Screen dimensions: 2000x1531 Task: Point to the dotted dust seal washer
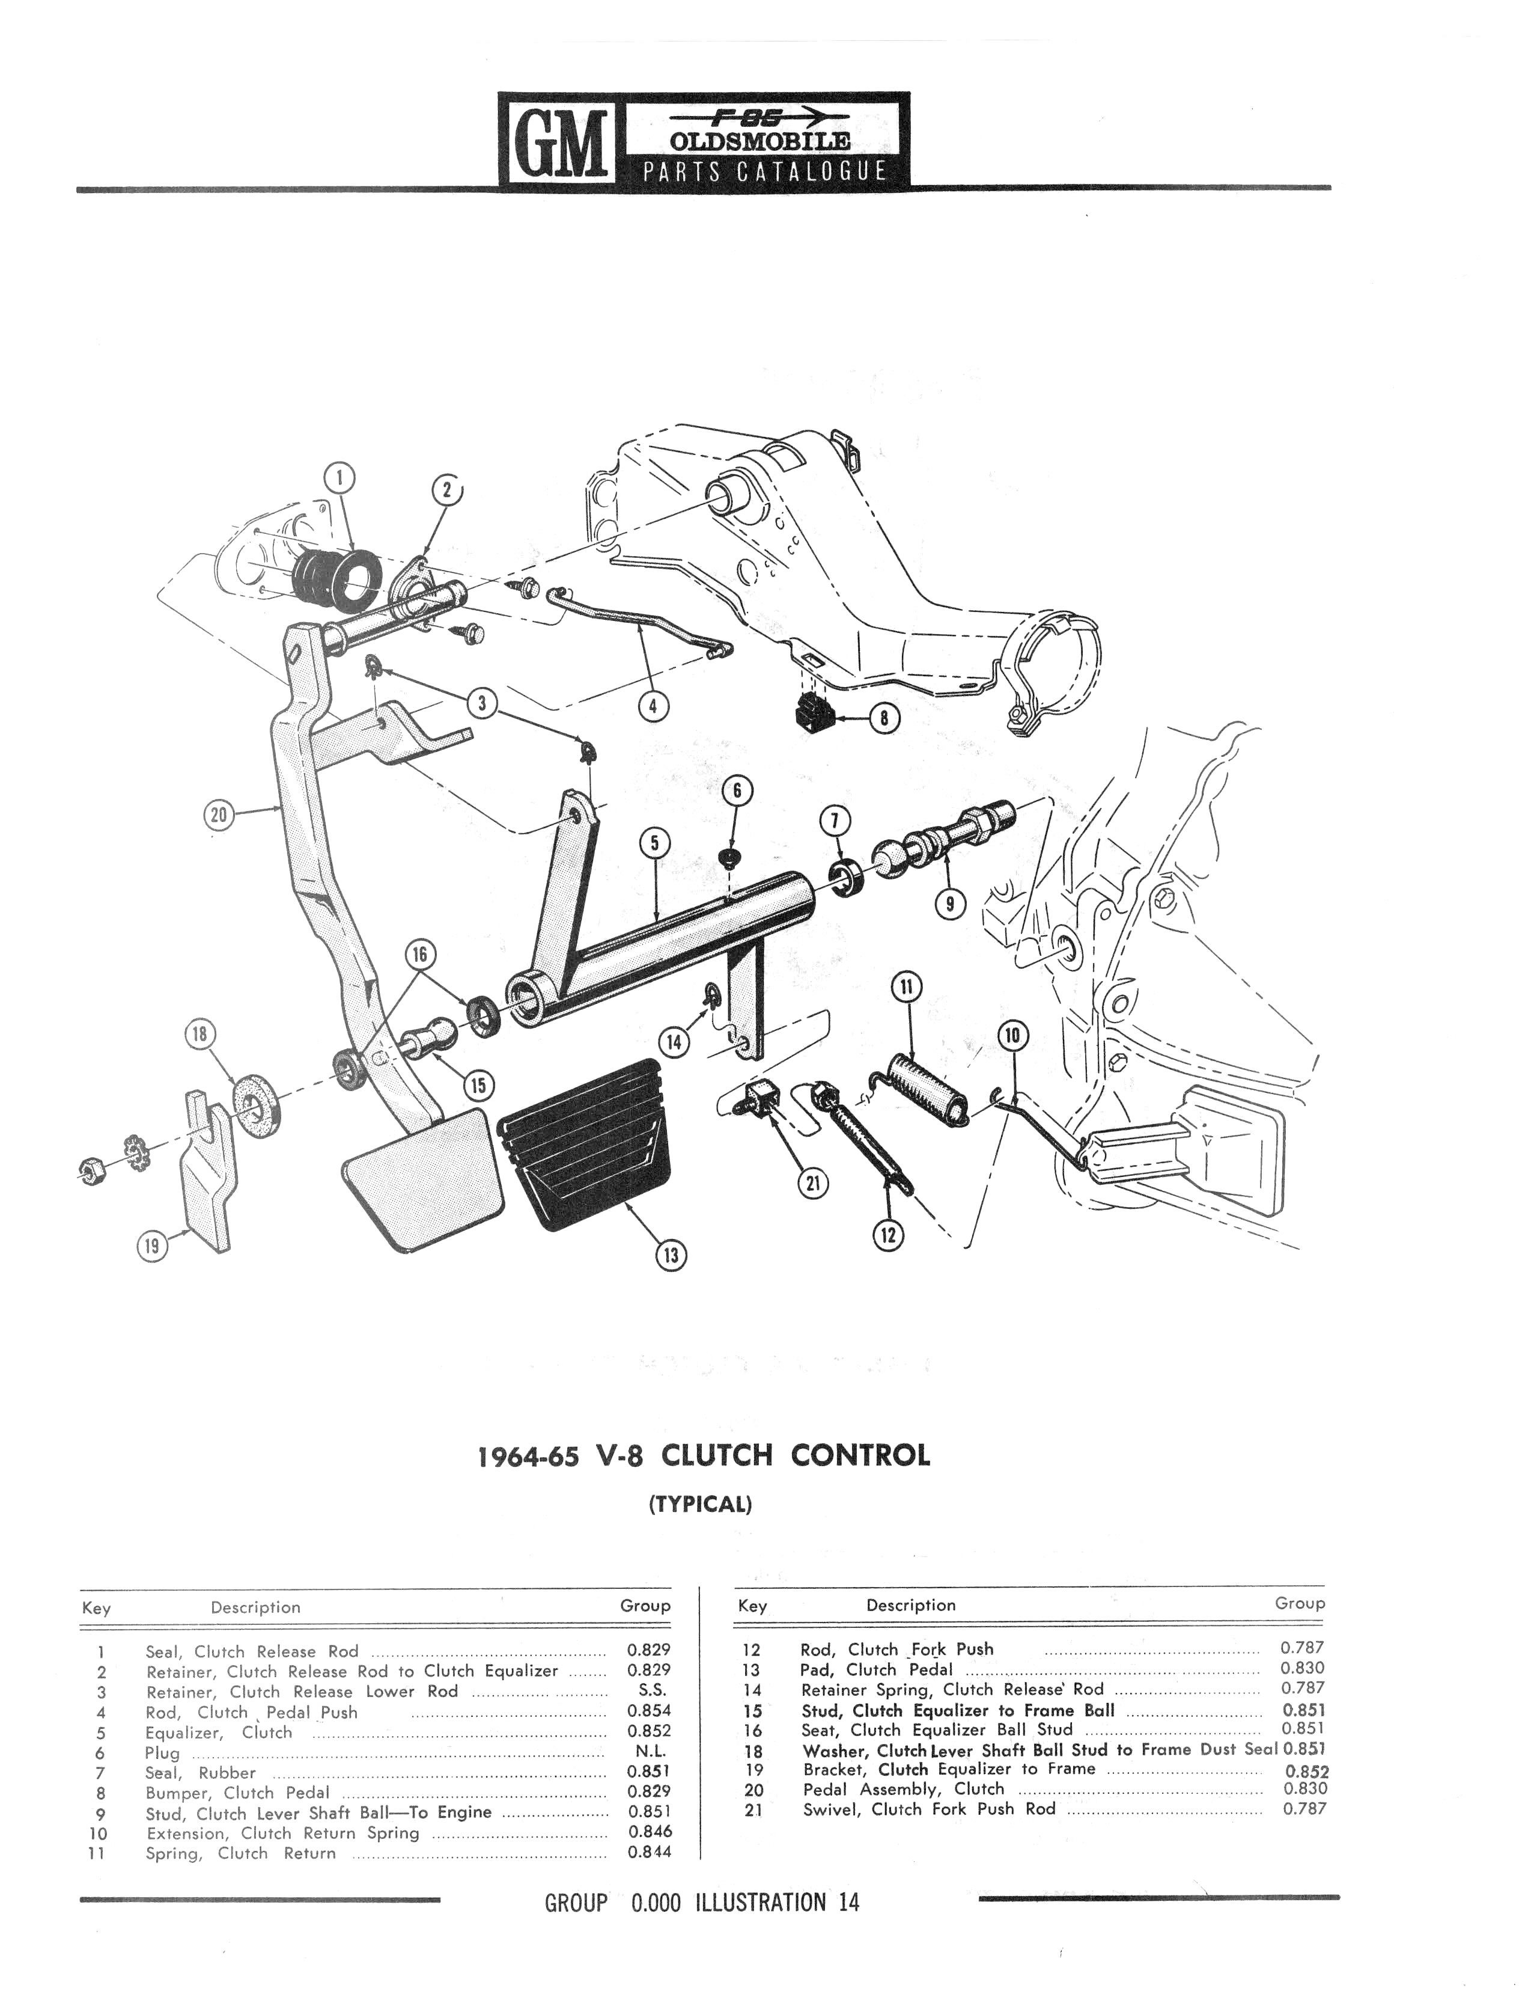tap(254, 1107)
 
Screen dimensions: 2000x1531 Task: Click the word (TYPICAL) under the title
tap(700, 1504)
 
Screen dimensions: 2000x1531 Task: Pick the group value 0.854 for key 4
tap(649, 1710)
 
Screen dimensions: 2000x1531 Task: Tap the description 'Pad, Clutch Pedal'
tap(876, 1669)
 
